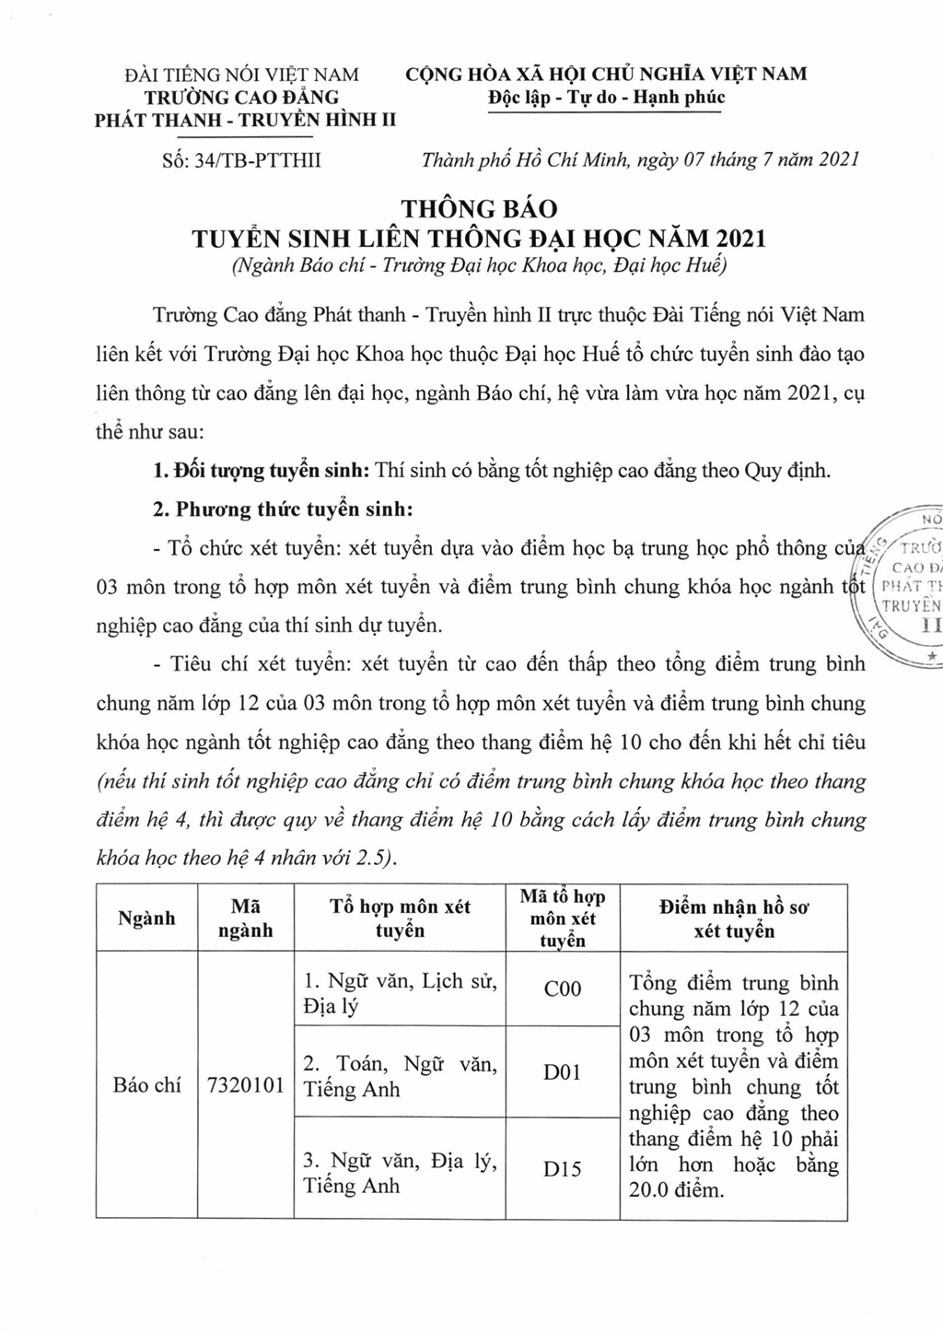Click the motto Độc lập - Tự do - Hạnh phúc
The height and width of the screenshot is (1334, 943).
[x=606, y=97]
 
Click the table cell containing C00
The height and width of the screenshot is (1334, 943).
[x=563, y=989]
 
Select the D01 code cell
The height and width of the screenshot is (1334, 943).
[x=563, y=1072]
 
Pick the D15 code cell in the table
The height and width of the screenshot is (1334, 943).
[x=563, y=1169]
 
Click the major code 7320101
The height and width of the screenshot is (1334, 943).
[x=246, y=1085]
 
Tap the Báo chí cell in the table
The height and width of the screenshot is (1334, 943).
[x=147, y=1085]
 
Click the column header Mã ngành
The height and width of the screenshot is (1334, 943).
[x=246, y=919]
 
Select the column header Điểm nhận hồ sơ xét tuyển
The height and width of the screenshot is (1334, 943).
[x=734, y=919]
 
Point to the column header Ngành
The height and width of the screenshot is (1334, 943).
[x=147, y=919]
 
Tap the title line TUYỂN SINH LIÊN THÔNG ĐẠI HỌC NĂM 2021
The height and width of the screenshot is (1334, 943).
[x=478, y=239]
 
